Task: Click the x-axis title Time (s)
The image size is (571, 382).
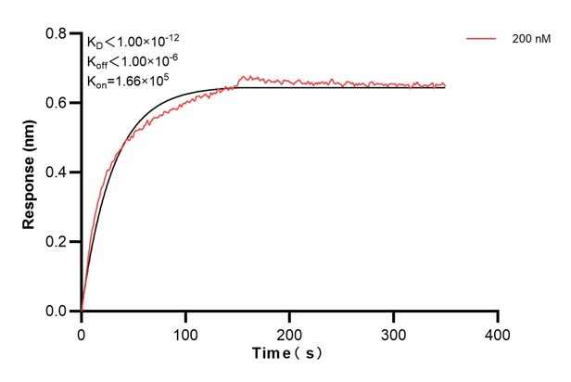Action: [x=288, y=353]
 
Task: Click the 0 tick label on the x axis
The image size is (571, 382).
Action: [x=82, y=331]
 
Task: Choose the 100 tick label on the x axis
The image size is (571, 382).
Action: [x=185, y=331]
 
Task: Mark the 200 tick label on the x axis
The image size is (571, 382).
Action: [x=290, y=331]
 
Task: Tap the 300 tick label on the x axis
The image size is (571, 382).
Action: [x=394, y=331]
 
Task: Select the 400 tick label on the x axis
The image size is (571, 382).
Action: [x=498, y=331]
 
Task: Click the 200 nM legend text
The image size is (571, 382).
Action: [x=529, y=40]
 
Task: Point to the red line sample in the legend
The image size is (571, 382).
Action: [x=484, y=40]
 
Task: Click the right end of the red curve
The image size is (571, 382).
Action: [x=445, y=84]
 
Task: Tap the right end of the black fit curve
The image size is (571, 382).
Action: [x=445, y=87]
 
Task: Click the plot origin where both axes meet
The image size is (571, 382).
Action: [x=82, y=312]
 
